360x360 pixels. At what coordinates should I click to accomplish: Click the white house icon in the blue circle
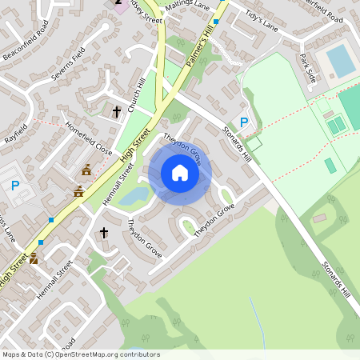point(180,173)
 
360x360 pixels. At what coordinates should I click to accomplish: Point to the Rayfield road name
point(15,133)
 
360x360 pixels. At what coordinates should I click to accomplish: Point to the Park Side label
point(308,67)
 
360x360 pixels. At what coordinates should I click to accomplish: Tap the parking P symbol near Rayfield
point(15,185)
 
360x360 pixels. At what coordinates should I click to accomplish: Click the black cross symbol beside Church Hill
point(116,111)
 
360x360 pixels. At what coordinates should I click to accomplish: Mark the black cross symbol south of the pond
point(103,233)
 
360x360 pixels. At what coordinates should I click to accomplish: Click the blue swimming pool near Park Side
point(341,61)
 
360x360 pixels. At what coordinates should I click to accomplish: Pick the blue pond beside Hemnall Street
point(135,195)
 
